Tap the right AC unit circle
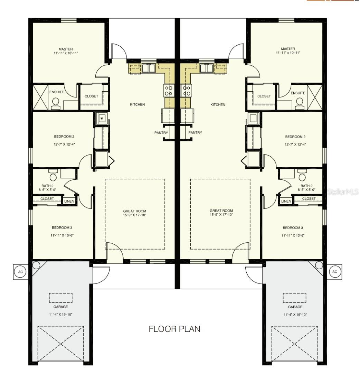334,272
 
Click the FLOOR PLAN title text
174,329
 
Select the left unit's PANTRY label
161,133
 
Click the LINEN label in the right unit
286,201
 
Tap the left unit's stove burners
169,91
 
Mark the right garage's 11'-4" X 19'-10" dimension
295,315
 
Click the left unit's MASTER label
65,49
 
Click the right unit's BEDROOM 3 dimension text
293,235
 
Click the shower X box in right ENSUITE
314,97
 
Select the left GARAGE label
61,307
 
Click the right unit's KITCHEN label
218,104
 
